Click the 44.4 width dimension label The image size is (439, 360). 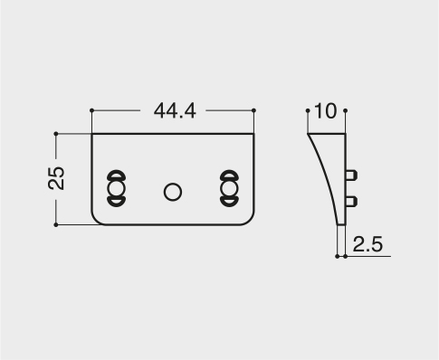[x=175, y=110]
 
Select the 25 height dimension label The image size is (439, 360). [x=56, y=178]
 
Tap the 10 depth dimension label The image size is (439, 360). [x=325, y=111]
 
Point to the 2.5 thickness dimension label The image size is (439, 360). [x=367, y=244]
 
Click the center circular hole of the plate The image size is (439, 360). [x=173, y=192]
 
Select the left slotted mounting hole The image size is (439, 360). [x=116, y=188]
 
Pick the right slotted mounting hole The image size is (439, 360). [x=229, y=188]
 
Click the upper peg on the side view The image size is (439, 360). [x=351, y=175]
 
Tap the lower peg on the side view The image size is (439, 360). [x=351, y=202]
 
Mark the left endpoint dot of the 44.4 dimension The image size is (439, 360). [x=91, y=110]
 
